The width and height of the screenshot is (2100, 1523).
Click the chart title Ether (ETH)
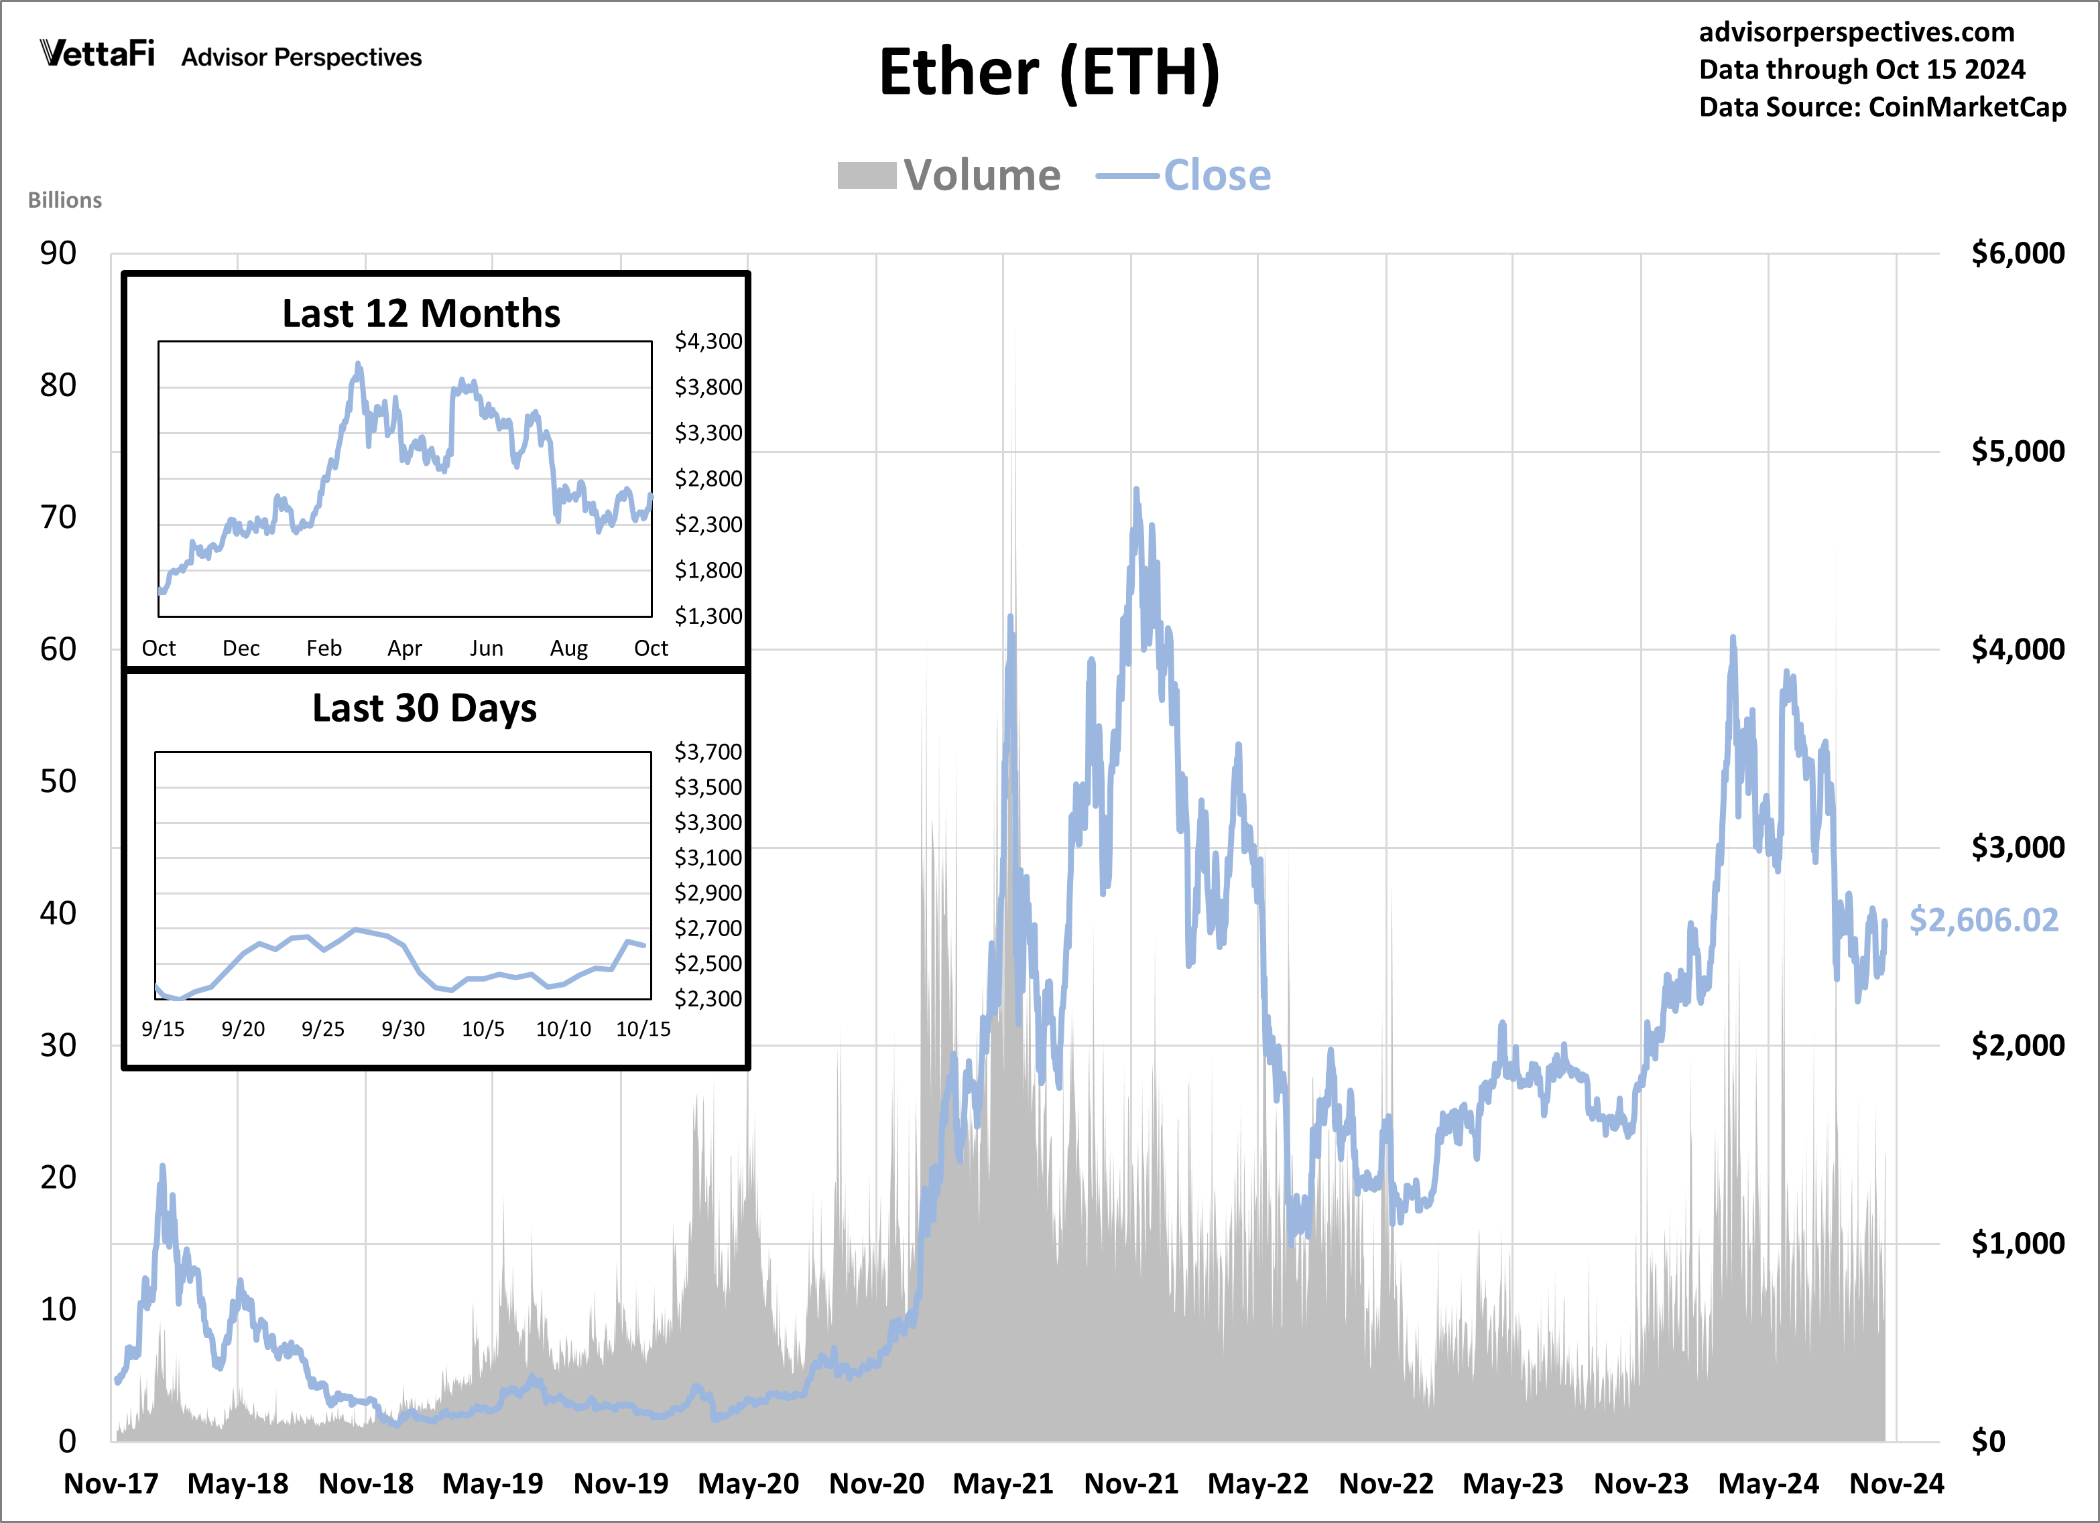(1049, 72)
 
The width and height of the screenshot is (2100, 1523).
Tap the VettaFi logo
(97, 54)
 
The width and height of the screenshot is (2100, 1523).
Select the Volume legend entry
(948, 175)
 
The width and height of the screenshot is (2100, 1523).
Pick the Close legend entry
(1183, 175)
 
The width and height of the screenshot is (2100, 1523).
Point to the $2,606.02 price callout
(1983, 919)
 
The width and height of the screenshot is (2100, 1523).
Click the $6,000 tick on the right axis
(2018, 253)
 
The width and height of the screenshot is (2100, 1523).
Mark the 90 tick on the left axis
(58, 253)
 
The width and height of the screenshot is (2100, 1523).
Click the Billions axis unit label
(65, 200)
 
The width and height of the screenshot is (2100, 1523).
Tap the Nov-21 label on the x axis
(1131, 1483)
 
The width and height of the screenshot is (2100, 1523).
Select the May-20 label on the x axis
(748, 1483)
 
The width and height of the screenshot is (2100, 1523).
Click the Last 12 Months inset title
(422, 313)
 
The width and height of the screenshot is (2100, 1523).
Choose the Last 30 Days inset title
(424, 708)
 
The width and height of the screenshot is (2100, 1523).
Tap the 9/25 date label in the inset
(323, 1029)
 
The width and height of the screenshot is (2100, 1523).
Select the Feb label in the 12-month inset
(324, 648)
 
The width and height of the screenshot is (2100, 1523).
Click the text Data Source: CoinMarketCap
(1882, 107)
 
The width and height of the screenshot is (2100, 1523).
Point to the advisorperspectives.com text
(1857, 31)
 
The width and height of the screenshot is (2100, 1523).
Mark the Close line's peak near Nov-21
(1136, 490)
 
